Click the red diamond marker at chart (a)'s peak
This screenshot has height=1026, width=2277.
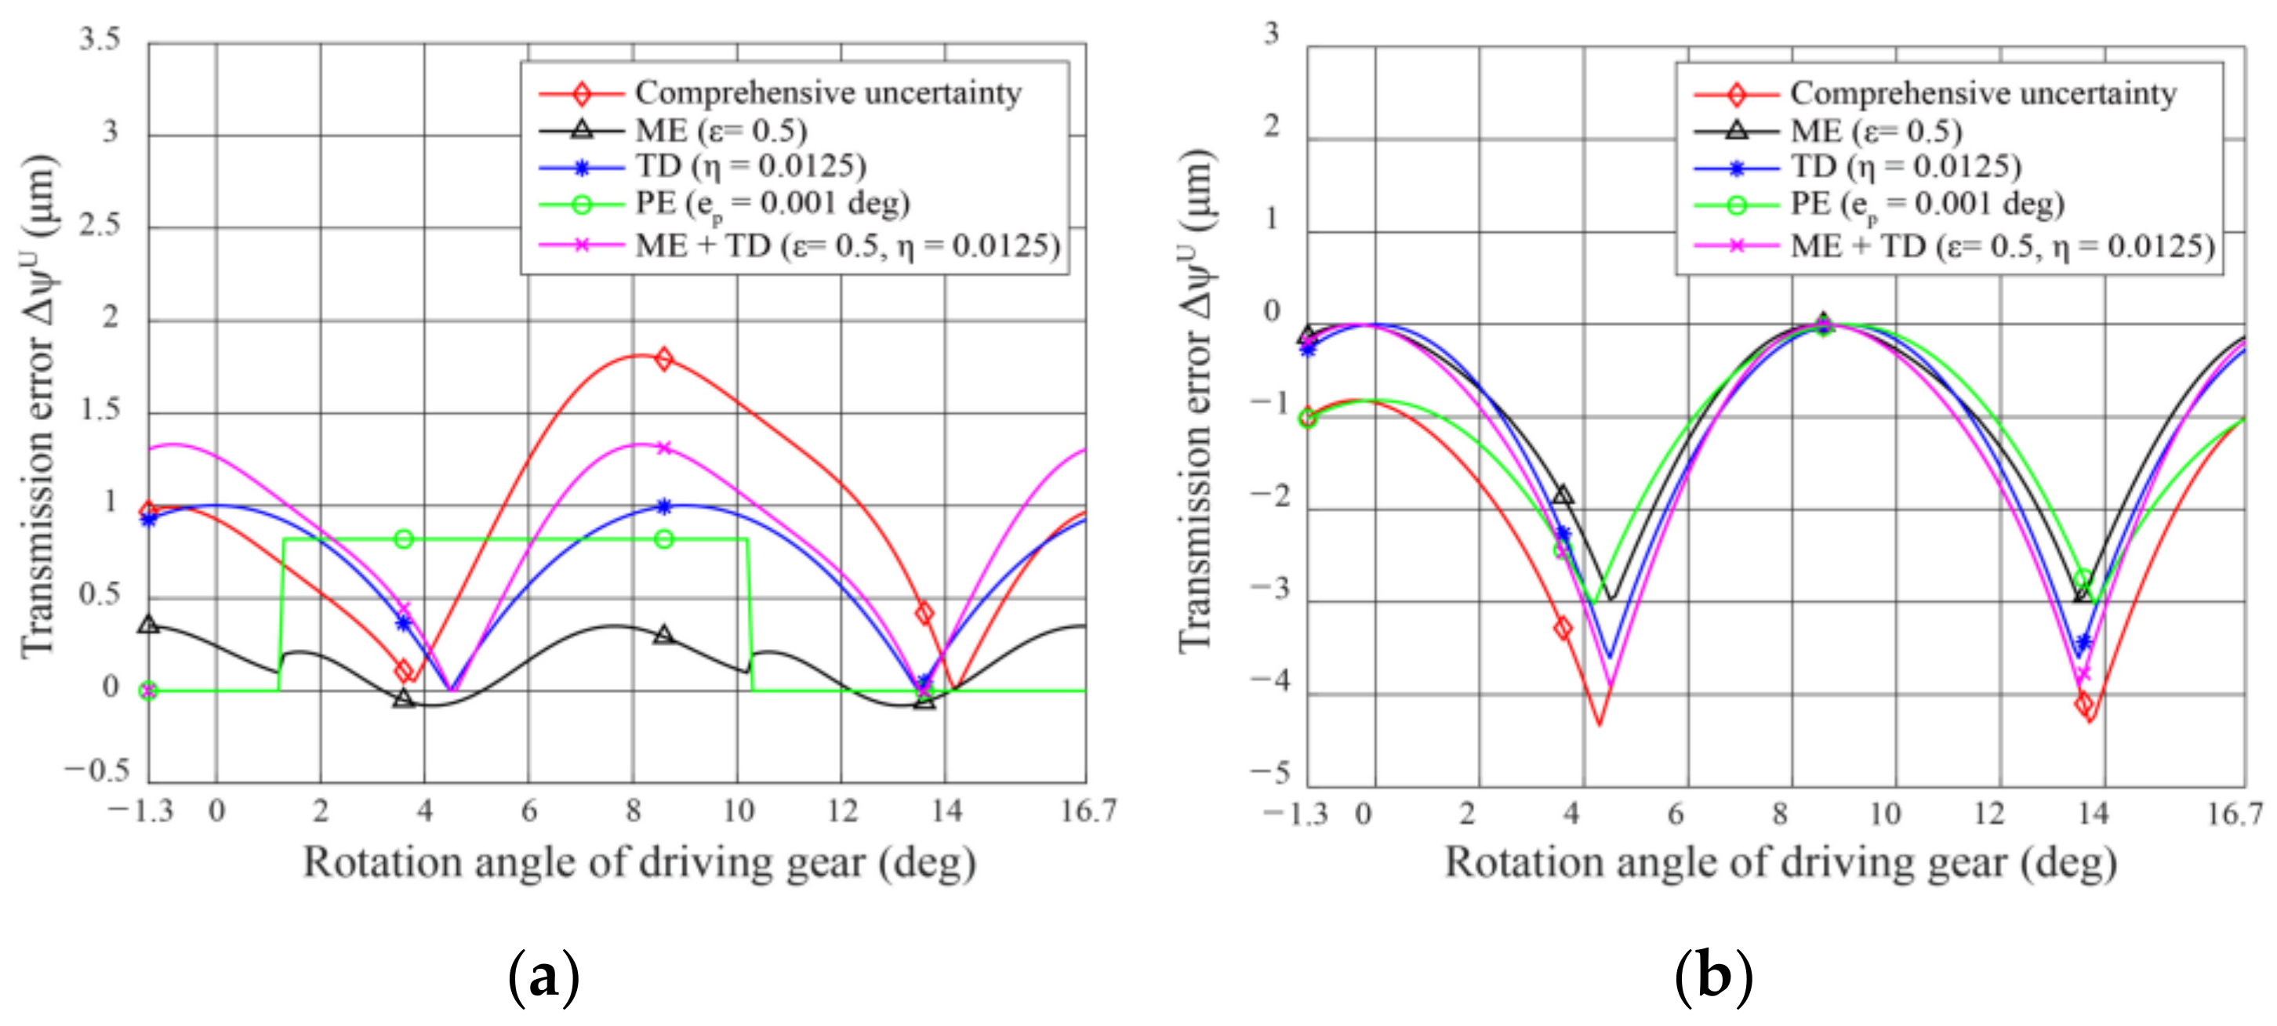(664, 359)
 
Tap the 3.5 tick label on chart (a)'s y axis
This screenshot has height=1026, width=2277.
(99, 39)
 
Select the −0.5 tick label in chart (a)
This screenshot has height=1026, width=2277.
(96, 770)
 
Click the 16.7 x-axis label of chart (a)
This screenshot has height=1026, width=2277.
(1088, 811)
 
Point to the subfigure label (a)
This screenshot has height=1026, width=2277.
(544, 977)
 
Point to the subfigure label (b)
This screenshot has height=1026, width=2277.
(1713, 977)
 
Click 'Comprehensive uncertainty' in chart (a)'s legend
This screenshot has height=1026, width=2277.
(827, 92)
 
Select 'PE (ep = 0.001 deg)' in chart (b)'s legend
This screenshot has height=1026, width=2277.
(1926, 204)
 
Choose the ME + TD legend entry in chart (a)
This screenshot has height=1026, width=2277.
(847, 245)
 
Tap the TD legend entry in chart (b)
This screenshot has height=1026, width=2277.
(1905, 166)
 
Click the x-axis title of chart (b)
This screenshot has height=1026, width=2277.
(1779, 861)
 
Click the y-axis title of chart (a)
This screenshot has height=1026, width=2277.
(40, 407)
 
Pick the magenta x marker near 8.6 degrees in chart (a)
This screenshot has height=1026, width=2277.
(665, 448)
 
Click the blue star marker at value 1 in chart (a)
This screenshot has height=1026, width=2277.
(665, 506)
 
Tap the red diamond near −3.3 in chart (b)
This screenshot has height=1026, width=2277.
(1563, 629)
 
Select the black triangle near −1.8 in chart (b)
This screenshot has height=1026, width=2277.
(1563, 495)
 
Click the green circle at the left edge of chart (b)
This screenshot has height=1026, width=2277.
(1307, 418)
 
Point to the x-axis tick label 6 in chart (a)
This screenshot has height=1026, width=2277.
(528, 811)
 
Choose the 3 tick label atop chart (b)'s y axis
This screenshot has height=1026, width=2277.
(1271, 34)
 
